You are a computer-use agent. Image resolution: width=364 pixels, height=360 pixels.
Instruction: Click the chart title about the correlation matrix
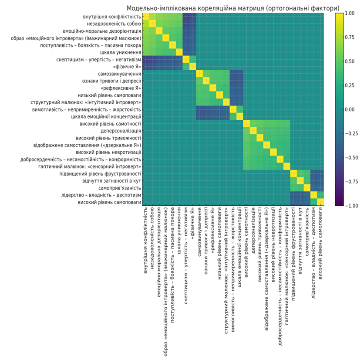pos(233,8)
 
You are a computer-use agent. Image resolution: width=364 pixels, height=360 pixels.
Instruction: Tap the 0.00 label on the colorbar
pos(350,109)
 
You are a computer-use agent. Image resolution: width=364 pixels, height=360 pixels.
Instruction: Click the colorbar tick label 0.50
pos(350,61)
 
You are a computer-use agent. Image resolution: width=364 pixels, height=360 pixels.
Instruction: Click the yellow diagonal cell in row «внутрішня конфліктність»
pos(146,17)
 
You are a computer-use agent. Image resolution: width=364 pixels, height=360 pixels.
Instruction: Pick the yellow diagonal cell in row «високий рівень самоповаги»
pos(321,202)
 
